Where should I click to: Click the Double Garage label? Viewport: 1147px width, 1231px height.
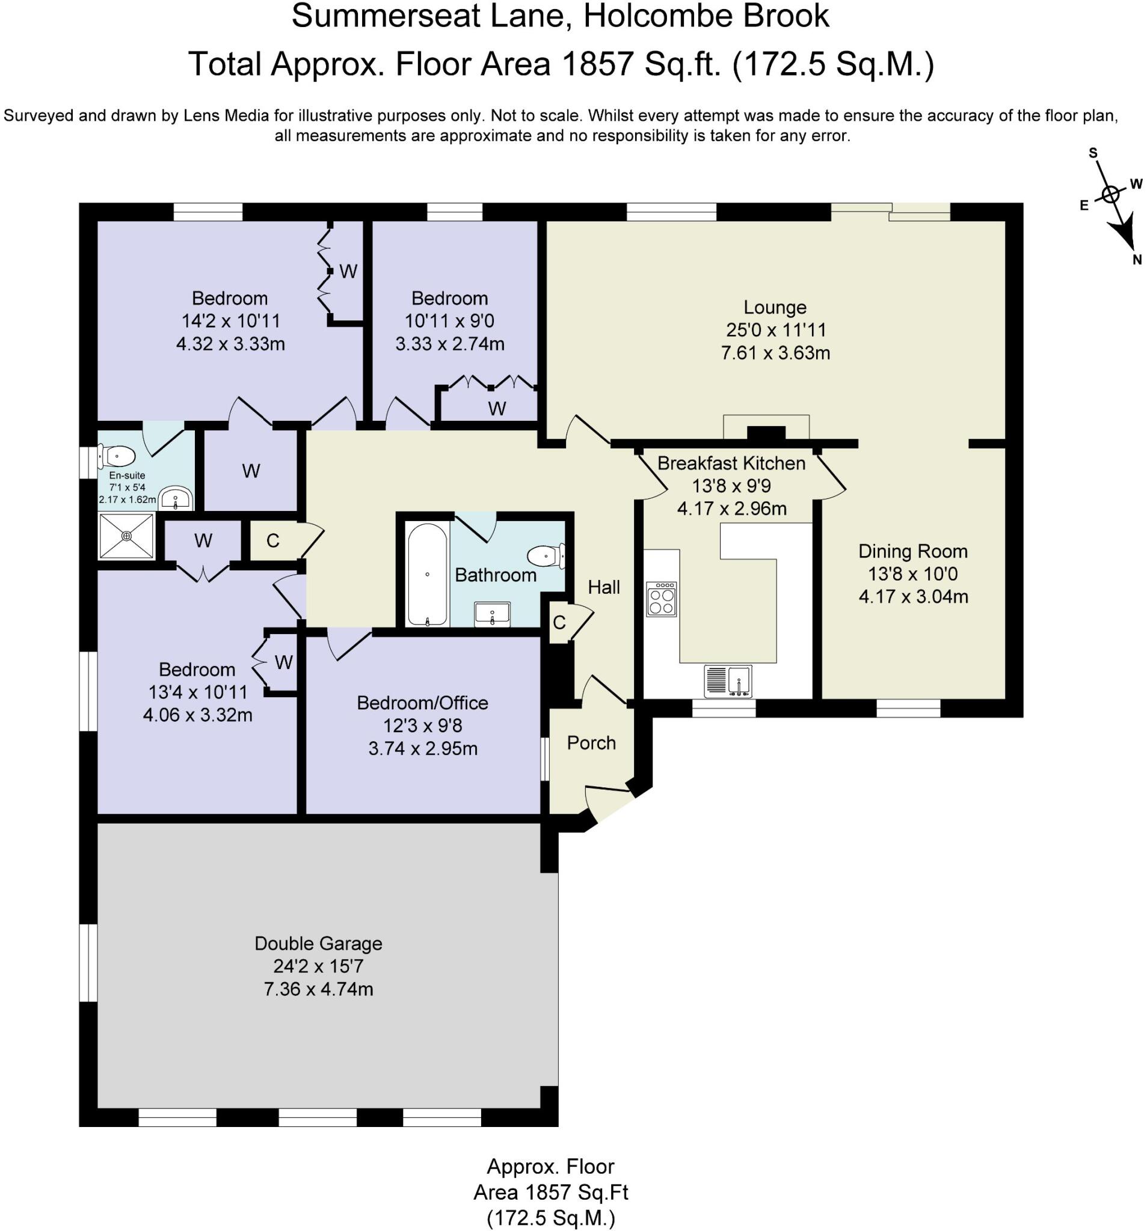pyautogui.click(x=319, y=943)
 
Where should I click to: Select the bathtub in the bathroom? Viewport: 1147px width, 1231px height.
pyautogui.click(x=427, y=575)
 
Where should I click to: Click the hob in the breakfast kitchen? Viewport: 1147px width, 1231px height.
pyautogui.click(x=661, y=599)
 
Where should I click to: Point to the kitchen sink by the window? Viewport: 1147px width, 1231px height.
pyautogui.click(x=728, y=680)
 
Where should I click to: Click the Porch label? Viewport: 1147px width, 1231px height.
pyautogui.click(x=591, y=743)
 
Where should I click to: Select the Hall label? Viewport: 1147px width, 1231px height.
pyautogui.click(x=603, y=587)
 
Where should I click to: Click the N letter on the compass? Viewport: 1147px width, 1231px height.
pyautogui.click(x=1136, y=260)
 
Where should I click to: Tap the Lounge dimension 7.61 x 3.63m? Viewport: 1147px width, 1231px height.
pyautogui.click(x=775, y=353)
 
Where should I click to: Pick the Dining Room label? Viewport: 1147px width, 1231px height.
pyautogui.click(x=913, y=551)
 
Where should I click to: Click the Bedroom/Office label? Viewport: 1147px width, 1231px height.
pyautogui.click(x=423, y=703)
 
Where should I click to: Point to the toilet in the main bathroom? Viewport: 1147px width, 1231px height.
pyautogui.click(x=546, y=555)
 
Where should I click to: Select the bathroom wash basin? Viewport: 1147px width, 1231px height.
pyautogui.click(x=492, y=614)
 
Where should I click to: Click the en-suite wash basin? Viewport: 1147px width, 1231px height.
pyautogui.click(x=176, y=498)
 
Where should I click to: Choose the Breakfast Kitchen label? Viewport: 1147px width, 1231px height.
pyautogui.click(x=731, y=463)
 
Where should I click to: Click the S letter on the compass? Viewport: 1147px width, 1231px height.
pyautogui.click(x=1093, y=153)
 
